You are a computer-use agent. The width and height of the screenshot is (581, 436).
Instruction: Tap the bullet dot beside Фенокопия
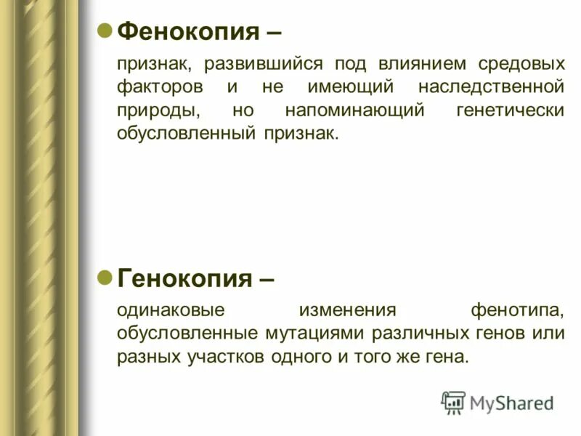[x=105, y=31]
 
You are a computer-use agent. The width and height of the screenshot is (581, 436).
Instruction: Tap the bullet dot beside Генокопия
[x=105, y=277]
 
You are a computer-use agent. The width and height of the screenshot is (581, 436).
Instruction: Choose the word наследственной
[x=491, y=88]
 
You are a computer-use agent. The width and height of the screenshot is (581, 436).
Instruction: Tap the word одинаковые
[x=171, y=310]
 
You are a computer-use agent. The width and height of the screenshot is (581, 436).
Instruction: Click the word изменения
[x=347, y=310]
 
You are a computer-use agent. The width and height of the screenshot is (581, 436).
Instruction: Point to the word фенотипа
[x=517, y=310]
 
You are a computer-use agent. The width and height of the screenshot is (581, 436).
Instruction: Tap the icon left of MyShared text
[x=454, y=402]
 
